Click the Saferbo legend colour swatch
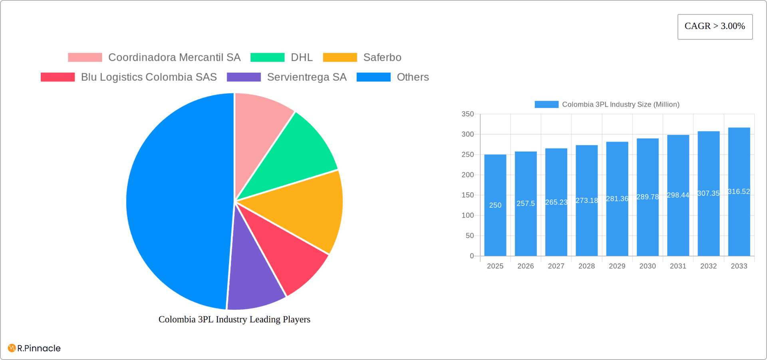[340, 58]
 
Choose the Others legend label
[413, 77]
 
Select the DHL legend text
[302, 58]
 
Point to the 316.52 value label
[739, 192]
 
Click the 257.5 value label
[525, 203]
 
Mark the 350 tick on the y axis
[467, 114]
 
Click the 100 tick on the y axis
[467, 215]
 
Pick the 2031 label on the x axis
[678, 266]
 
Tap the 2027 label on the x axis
[556, 266]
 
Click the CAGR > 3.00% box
[715, 27]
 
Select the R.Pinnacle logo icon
[12, 348]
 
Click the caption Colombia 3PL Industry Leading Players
[234, 320]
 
